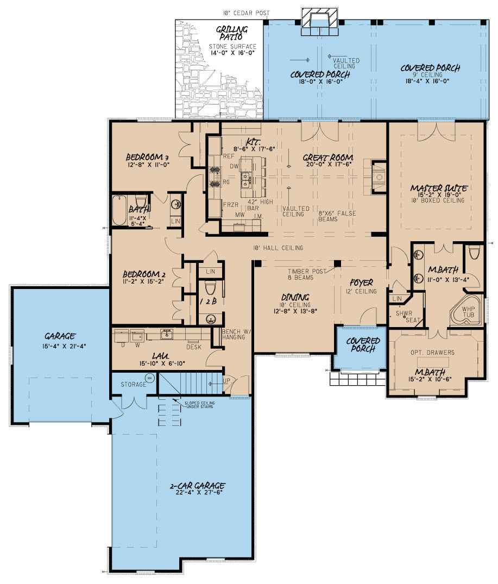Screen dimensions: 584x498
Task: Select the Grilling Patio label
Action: [x=232, y=33]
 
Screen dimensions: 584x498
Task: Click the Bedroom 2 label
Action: [x=141, y=274]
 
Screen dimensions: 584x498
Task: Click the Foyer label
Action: [x=361, y=283]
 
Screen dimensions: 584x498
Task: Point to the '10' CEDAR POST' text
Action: [x=245, y=13]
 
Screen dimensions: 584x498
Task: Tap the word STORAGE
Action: [x=133, y=385]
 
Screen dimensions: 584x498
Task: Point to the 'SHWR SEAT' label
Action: [x=402, y=317]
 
